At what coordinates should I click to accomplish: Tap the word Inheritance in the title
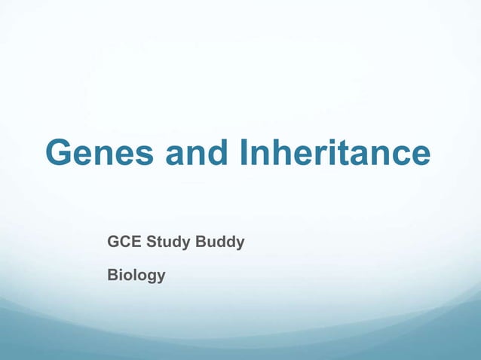pos(335,154)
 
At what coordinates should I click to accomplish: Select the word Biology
pos(136,276)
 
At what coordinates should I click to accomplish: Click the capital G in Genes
pos(60,154)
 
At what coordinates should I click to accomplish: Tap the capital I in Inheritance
pos(245,154)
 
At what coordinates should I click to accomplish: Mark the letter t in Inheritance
pos(354,154)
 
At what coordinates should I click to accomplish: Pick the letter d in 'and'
pos(214,154)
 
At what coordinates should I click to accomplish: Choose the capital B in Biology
pos(113,276)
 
